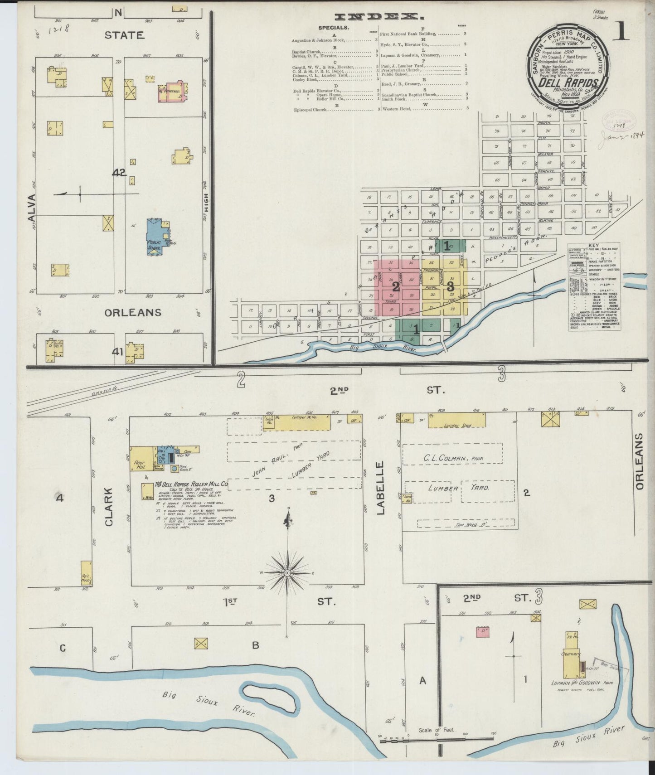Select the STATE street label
click(x=124, y=35)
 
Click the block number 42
click(x=119, y=173)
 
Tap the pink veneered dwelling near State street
click(x=170, y=90)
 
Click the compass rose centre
click(x=287, y=573)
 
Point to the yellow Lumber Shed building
click(x=456, y=420)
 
